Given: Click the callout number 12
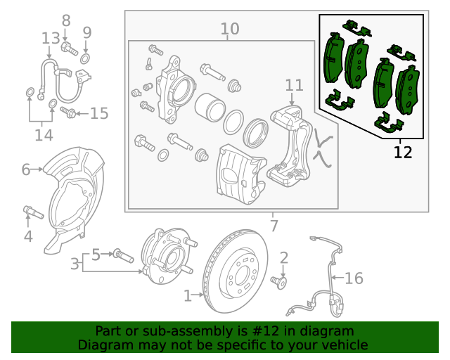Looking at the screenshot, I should (403, 151).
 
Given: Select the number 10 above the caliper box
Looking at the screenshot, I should (230, 29).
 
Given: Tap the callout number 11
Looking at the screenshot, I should (294, 85).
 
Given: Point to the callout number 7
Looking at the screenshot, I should (274, 226).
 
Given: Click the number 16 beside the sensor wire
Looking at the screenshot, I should (354, 278).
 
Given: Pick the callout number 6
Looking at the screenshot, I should (26, 169).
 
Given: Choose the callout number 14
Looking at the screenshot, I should (43, 134).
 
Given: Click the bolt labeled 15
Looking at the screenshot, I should (69, 112).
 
